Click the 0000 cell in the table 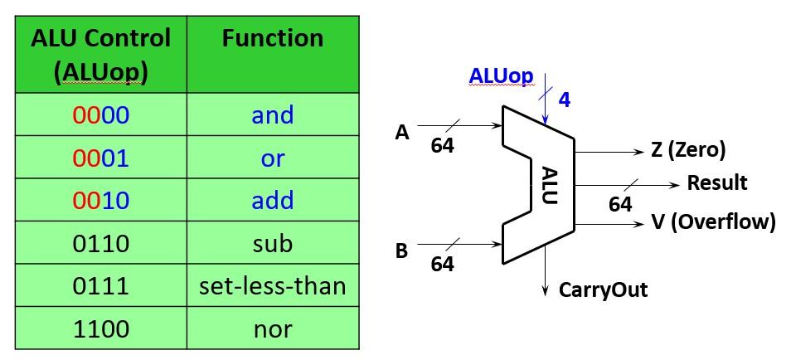[100, 115]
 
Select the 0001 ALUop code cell [100, 158]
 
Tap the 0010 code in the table [100, 201]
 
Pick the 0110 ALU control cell [100, 244]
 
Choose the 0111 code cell [100, 286]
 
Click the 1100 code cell [100, 329]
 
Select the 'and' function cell [273, 115]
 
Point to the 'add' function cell [273, 201]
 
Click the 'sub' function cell [273, 244]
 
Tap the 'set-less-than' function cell [273, 286]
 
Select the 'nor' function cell [273, 329]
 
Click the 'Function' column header [273, 39]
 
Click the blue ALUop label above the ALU [501, 75]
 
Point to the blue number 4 [565, 100]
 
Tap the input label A [402, 132]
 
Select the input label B [402, 250]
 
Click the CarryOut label [603, 289]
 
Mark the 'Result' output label [717, 182]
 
